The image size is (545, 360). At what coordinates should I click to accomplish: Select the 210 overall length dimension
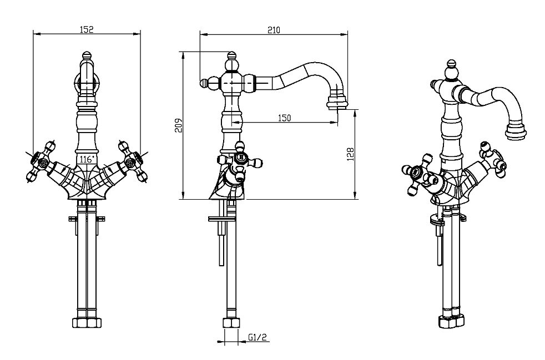coord(273,29)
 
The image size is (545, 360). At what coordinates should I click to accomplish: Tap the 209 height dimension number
coord(177,126)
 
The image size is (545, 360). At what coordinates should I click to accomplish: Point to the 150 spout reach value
coord(284,118)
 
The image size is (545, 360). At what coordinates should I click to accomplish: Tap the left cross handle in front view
coord(41,161)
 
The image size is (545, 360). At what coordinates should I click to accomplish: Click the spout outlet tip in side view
coord(339,104)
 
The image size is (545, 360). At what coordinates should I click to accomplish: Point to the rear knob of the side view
coord(205,83)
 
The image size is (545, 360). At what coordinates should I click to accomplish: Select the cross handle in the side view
coord(241,159)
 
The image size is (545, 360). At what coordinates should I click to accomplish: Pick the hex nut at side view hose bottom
coord(229,322)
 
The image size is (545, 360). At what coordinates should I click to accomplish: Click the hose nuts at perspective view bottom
coord(450,321)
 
